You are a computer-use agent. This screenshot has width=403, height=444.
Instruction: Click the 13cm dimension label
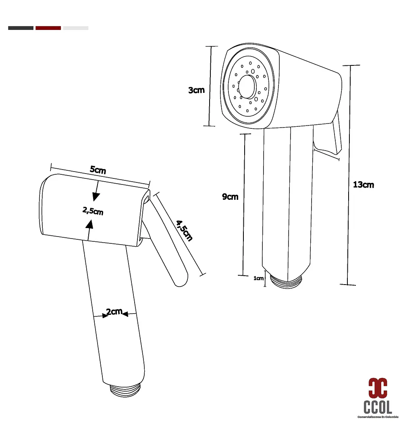pos(363,185)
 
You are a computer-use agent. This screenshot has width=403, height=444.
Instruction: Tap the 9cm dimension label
pos(230,197)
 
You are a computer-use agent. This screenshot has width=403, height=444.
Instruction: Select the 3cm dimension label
pos(196,90)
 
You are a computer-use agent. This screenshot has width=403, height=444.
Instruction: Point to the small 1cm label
pos(258,278)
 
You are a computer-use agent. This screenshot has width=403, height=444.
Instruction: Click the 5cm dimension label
pos(98,170)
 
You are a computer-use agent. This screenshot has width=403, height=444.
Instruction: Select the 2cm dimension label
pos(114,312)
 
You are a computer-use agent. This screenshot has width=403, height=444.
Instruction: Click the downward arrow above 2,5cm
pos(96,192)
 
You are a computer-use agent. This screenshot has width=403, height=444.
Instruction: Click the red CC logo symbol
pos(378,388)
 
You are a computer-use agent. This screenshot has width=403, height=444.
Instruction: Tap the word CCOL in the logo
pos(378,406)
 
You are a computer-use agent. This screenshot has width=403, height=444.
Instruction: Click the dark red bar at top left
pos(48,28)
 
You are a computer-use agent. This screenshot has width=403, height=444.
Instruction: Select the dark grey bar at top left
pos(21,28)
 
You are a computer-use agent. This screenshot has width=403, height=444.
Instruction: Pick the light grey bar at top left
pos(76,28)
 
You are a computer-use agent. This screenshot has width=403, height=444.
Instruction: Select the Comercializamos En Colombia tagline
pos(378,417)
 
